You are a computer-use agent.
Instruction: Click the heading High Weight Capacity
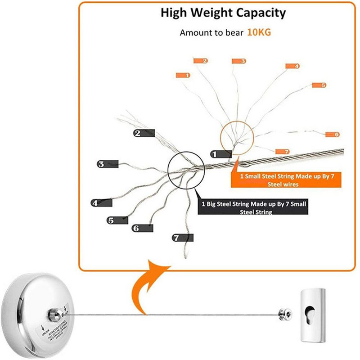coord(223,13)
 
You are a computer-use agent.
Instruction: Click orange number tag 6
coord(332,135)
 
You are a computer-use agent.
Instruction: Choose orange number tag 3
coord(239,61)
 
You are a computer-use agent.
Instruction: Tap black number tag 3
coord(108,164)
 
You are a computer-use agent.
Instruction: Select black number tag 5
coord(117,220)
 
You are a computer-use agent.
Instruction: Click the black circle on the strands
coord(185,169)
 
